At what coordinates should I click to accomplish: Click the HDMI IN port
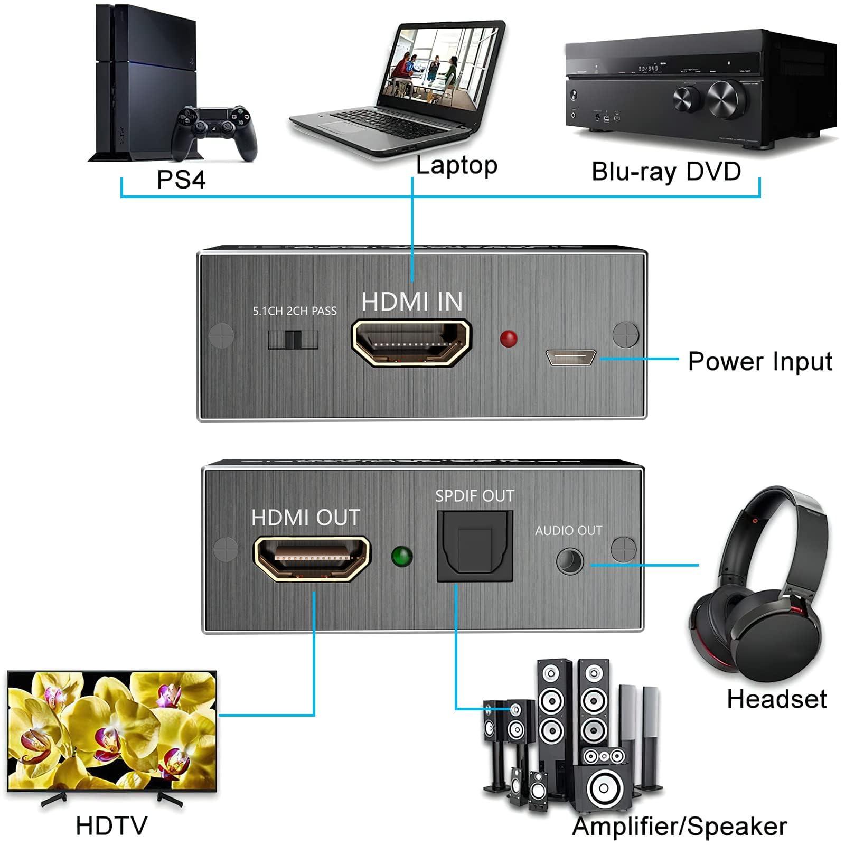click(x=411, y=343)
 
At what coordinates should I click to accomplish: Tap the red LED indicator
click(x=508, y=339)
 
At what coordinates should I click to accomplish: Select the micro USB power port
click(x=571, y=358)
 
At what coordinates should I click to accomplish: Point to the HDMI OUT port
click(x=312, y=559)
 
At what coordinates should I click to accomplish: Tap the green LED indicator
click(x=402, y=557)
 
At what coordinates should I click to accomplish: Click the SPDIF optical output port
click(x=474, y=546)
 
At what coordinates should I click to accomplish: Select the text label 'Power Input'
click(x=759, y=362)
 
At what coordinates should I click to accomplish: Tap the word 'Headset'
click(x=776, y=699)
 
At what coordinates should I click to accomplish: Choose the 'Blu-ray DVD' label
click(x=666, y=172)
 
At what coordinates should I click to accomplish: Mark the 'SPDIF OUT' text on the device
click(x=474, y=496)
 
